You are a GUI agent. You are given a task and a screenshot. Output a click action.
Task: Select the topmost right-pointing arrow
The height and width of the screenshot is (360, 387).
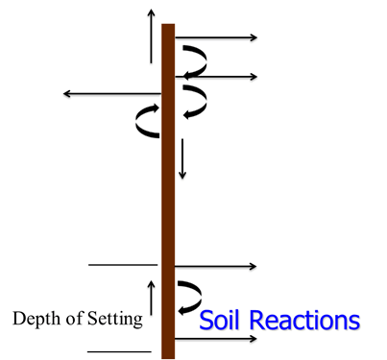[x=215, y=37]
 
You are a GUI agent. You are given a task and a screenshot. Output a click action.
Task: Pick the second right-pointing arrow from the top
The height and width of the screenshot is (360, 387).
[x=215, y=76]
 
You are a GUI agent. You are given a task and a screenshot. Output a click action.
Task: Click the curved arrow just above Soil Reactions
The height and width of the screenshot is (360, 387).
[x=188, y=296]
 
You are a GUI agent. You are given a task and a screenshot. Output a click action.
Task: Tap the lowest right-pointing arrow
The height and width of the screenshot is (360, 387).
[x=215, y=338]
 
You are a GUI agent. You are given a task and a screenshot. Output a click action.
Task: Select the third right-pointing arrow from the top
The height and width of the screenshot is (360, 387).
[x=215, y=266]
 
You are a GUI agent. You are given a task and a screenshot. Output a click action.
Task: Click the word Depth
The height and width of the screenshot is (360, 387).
[x=35, y=318]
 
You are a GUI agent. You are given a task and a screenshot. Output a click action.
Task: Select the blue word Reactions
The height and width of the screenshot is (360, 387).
[x=302, y=319]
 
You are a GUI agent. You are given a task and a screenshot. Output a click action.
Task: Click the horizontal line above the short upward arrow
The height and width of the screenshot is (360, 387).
[x=122, y=264]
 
